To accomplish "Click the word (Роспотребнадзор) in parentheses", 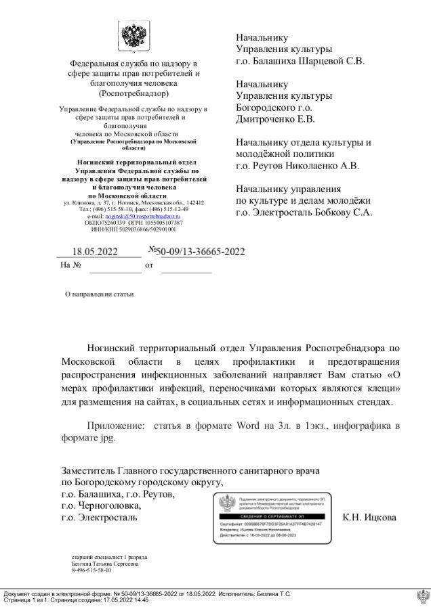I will [x=134, y=93].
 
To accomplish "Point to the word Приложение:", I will [x=116, y=426].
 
